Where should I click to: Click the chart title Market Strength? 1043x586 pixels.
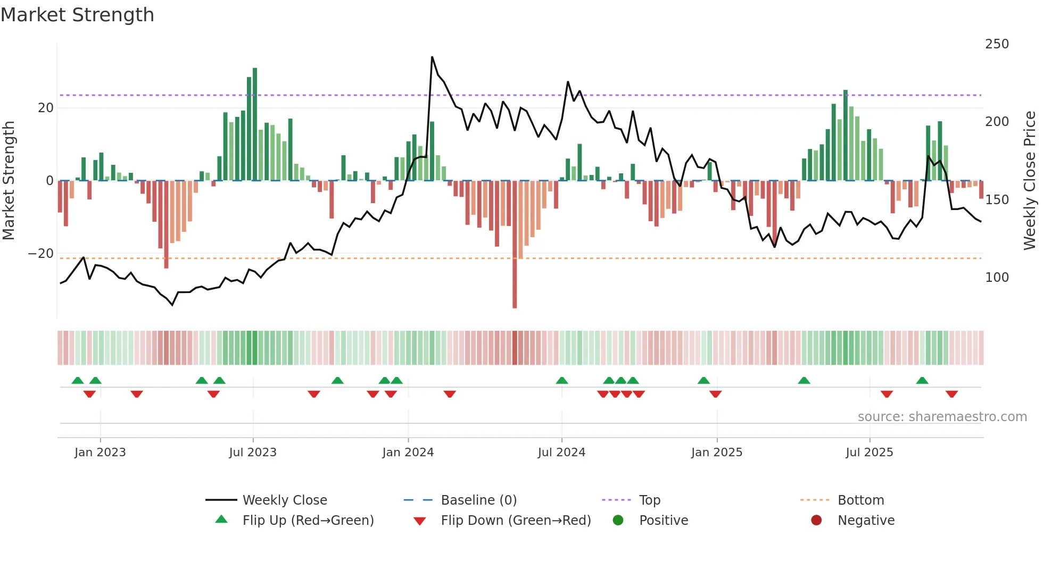[77, 15]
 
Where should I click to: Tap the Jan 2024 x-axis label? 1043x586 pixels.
[408, 453]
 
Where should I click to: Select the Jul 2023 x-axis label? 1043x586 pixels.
[253, 453]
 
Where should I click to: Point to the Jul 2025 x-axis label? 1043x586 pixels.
[869, 453]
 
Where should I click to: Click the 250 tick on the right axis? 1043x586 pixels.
[997, 44]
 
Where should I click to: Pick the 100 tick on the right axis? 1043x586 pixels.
[997, 278]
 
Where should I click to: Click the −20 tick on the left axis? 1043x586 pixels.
[41, 254]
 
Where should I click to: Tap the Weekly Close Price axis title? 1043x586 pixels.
[1030, 181]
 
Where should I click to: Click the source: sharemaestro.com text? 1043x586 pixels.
[942, 417]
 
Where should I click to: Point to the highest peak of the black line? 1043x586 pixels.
[432, 57]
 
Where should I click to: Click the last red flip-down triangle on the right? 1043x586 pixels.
[951, 394]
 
